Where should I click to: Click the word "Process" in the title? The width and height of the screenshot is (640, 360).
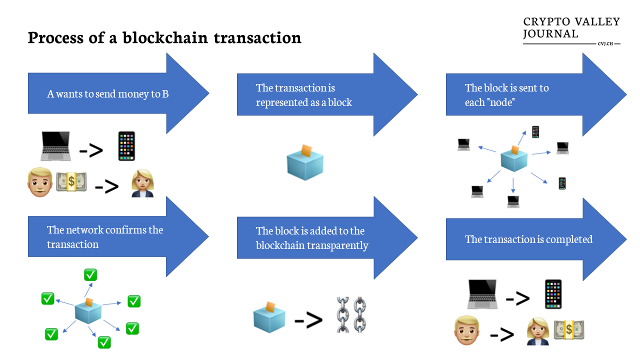tap(55, 37)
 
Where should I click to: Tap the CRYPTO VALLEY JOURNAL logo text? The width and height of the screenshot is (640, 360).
tap(571, 27)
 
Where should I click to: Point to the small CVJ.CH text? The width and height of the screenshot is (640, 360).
tap(605, 43)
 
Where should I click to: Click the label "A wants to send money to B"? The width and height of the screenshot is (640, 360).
tap(108, 94)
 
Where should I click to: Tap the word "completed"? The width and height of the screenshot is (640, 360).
tap(569, 239)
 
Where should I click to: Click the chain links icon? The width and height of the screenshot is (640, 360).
tap(351, 315)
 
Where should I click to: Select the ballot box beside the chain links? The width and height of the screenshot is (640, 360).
tap(269, 317)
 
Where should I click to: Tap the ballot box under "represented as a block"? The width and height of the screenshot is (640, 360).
tap(305, 163)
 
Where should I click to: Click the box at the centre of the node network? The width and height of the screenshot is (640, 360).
tap(514, 159)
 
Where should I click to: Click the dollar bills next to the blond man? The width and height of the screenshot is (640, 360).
tap(71, 181)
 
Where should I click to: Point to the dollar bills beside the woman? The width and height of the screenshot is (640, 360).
tap(569, 329)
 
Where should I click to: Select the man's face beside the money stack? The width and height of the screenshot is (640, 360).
tap(40, 182)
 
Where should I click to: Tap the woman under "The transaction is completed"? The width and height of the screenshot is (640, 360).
tap(537, 331)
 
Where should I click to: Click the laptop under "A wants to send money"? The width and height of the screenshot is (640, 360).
tap(55, 146)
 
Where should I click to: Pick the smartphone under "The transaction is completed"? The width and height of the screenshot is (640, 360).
tap(553, 294)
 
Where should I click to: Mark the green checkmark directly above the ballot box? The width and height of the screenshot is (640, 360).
tap(90, 275)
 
